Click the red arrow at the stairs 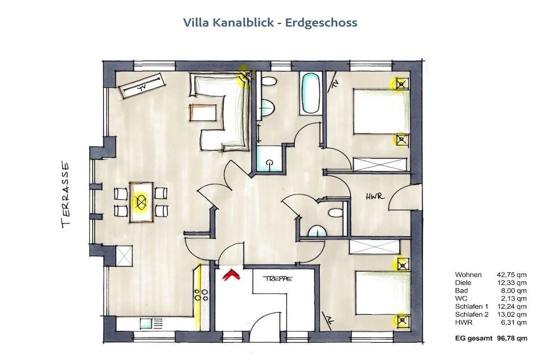tap(232, 275)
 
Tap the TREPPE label tap(277, 278)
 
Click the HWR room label tap(375, 197)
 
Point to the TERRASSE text tap(65, 194)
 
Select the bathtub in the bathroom tap(311, 93)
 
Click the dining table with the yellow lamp tap(141, 202)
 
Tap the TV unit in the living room tap(141, 86)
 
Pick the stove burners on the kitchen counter tap(201, 295)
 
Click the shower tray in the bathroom tap(269, 159)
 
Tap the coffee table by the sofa tap(203, 112)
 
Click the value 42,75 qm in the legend tap(512, 275)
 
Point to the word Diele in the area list tap(463, 283)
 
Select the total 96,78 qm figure tap(512, 338)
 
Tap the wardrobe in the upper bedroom tap(380, 164)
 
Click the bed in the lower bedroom tap(383, 293)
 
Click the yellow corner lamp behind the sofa tap(247, 76)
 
